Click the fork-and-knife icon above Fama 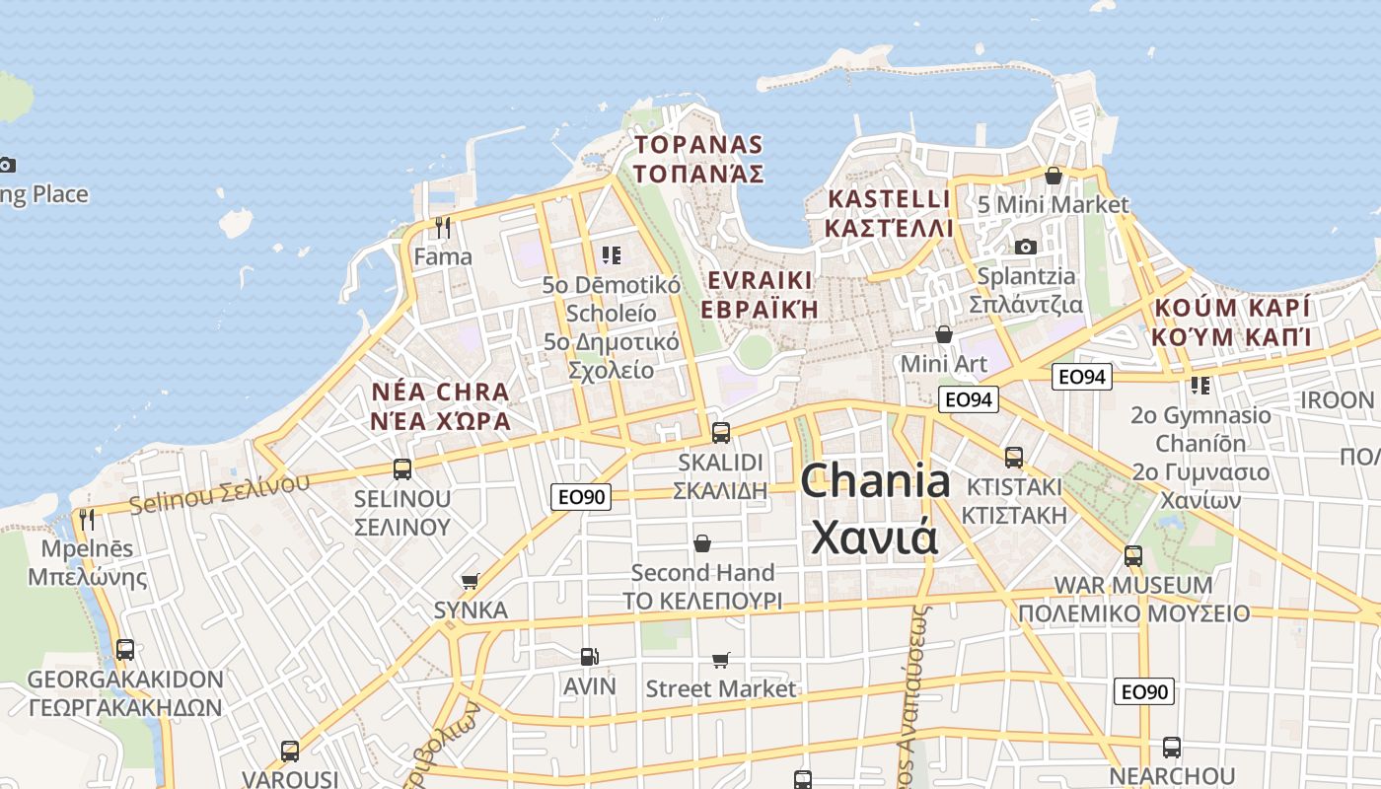tap(443, 228)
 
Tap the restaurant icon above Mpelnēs tap(87, 519)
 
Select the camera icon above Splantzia tap(1026, 247)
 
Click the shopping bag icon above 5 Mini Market tap(1054, 176)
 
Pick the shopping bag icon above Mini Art tap(944, 334)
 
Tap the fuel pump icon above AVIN tap(589, 656)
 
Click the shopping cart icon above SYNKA tap(471, 581)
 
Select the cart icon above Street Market tap(721, 660)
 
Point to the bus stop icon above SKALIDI tap(721, 432)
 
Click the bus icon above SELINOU tap(402, 468)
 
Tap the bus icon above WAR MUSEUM tap(1133, 555)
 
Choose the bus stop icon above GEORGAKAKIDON tap(125, 650)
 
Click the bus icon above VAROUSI tap(290, 751)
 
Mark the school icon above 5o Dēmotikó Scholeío tap(612, 256)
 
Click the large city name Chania tap(875, 481)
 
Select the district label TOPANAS tap(698, 145)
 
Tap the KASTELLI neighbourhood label tap(889, 199)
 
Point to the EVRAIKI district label tap(760, 280)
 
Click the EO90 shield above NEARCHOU tap(1144, 691)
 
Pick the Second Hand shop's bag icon tap(702, 543)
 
